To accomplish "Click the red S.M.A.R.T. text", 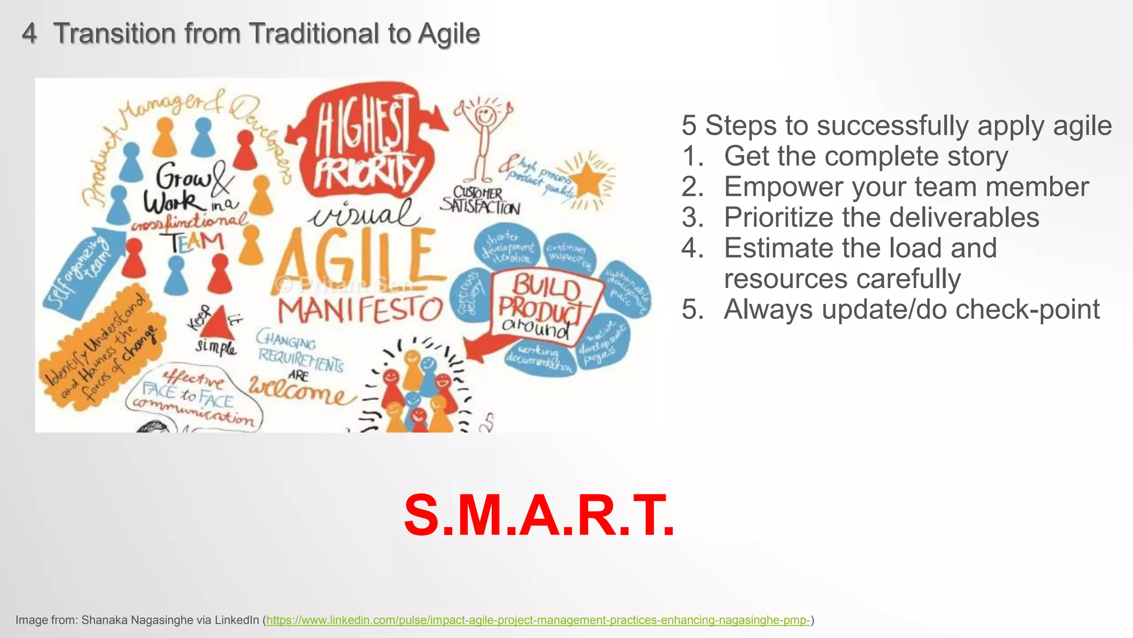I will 539,516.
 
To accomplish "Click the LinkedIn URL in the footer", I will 538,620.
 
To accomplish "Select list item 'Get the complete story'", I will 866,156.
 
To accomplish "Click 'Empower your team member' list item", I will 906,187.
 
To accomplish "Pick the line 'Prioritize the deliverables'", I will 881,217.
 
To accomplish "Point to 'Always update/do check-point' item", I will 911,309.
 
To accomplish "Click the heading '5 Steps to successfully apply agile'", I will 896,125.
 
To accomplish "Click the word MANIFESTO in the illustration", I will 360,310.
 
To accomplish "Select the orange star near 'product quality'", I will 588,180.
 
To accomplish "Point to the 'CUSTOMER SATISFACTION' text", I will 480,200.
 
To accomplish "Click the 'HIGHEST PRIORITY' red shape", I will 365,144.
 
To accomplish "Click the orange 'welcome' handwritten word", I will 299,390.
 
